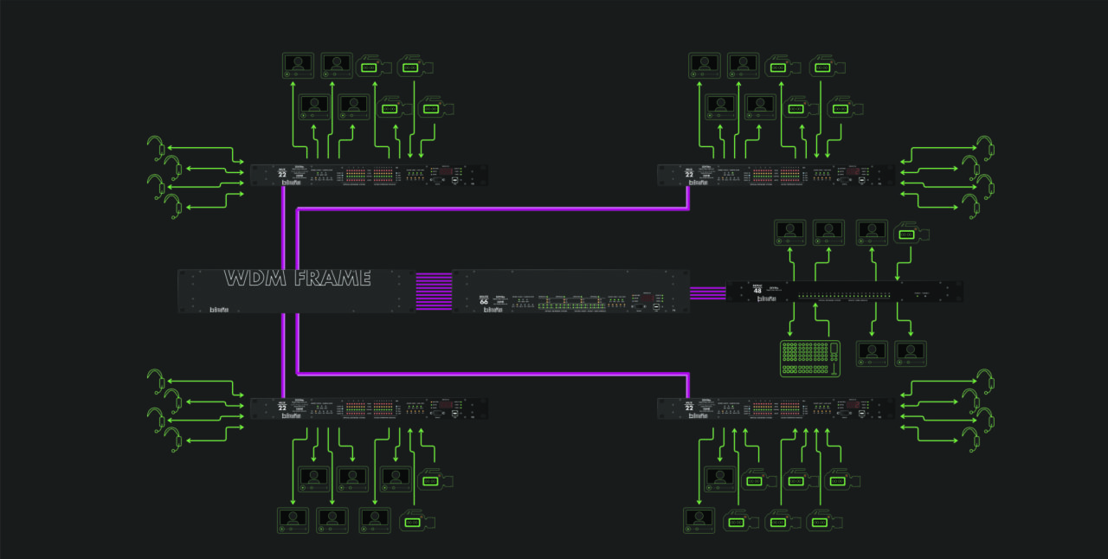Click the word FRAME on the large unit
(x=332, y=279)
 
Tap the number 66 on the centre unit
(x=484, y=301)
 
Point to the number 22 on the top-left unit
(x=282, y=175)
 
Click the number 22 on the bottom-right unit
(x=690, y=407)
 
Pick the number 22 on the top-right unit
(x=690, y=175)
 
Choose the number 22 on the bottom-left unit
(x=282, y=407)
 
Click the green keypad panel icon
(x=810, y=358)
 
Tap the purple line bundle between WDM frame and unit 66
(x=434, y=292)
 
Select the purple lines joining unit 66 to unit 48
(x=707, y=292)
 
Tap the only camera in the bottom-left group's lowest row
(x=417, y=521)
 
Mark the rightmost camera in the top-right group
(x=845, y=108)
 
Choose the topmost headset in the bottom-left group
(x=157, y=378)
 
